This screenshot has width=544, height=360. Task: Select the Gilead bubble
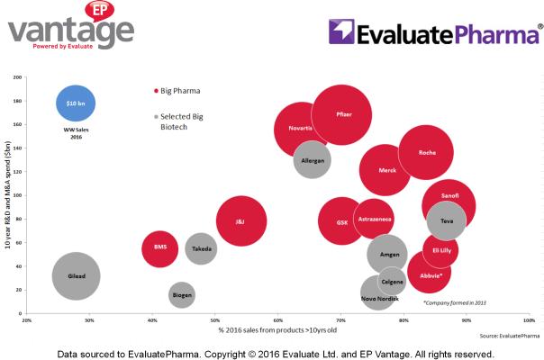click(76, 276)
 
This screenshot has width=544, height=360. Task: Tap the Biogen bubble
click(181, 294)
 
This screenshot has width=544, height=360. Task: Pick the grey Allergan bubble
click(312, 160)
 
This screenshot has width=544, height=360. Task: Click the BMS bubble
click(160, 247)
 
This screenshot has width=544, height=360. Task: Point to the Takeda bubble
click(202, 248)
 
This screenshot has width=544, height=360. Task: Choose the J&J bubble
click(240, 221)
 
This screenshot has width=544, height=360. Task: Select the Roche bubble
click(426, 152)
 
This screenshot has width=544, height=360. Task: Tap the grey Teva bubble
click(447, 220)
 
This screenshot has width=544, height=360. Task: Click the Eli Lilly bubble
click(440, 249)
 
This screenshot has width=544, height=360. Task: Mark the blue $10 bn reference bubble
click(76, 104)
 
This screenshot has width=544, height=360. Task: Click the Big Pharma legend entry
click(177, 91)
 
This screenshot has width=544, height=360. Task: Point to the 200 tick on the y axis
click(17, 76)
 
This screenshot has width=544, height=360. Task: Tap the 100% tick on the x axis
click(527, 319)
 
